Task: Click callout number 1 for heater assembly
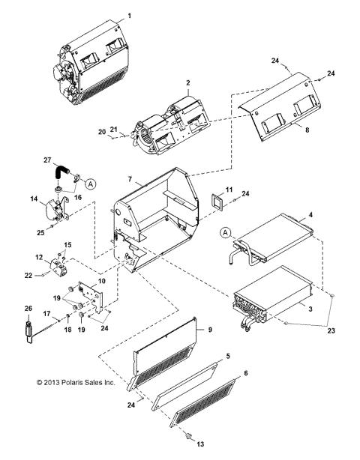(129, 15)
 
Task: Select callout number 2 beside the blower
(187, 82)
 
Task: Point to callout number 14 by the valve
(33, 199)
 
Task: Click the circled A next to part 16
(90, 182)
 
